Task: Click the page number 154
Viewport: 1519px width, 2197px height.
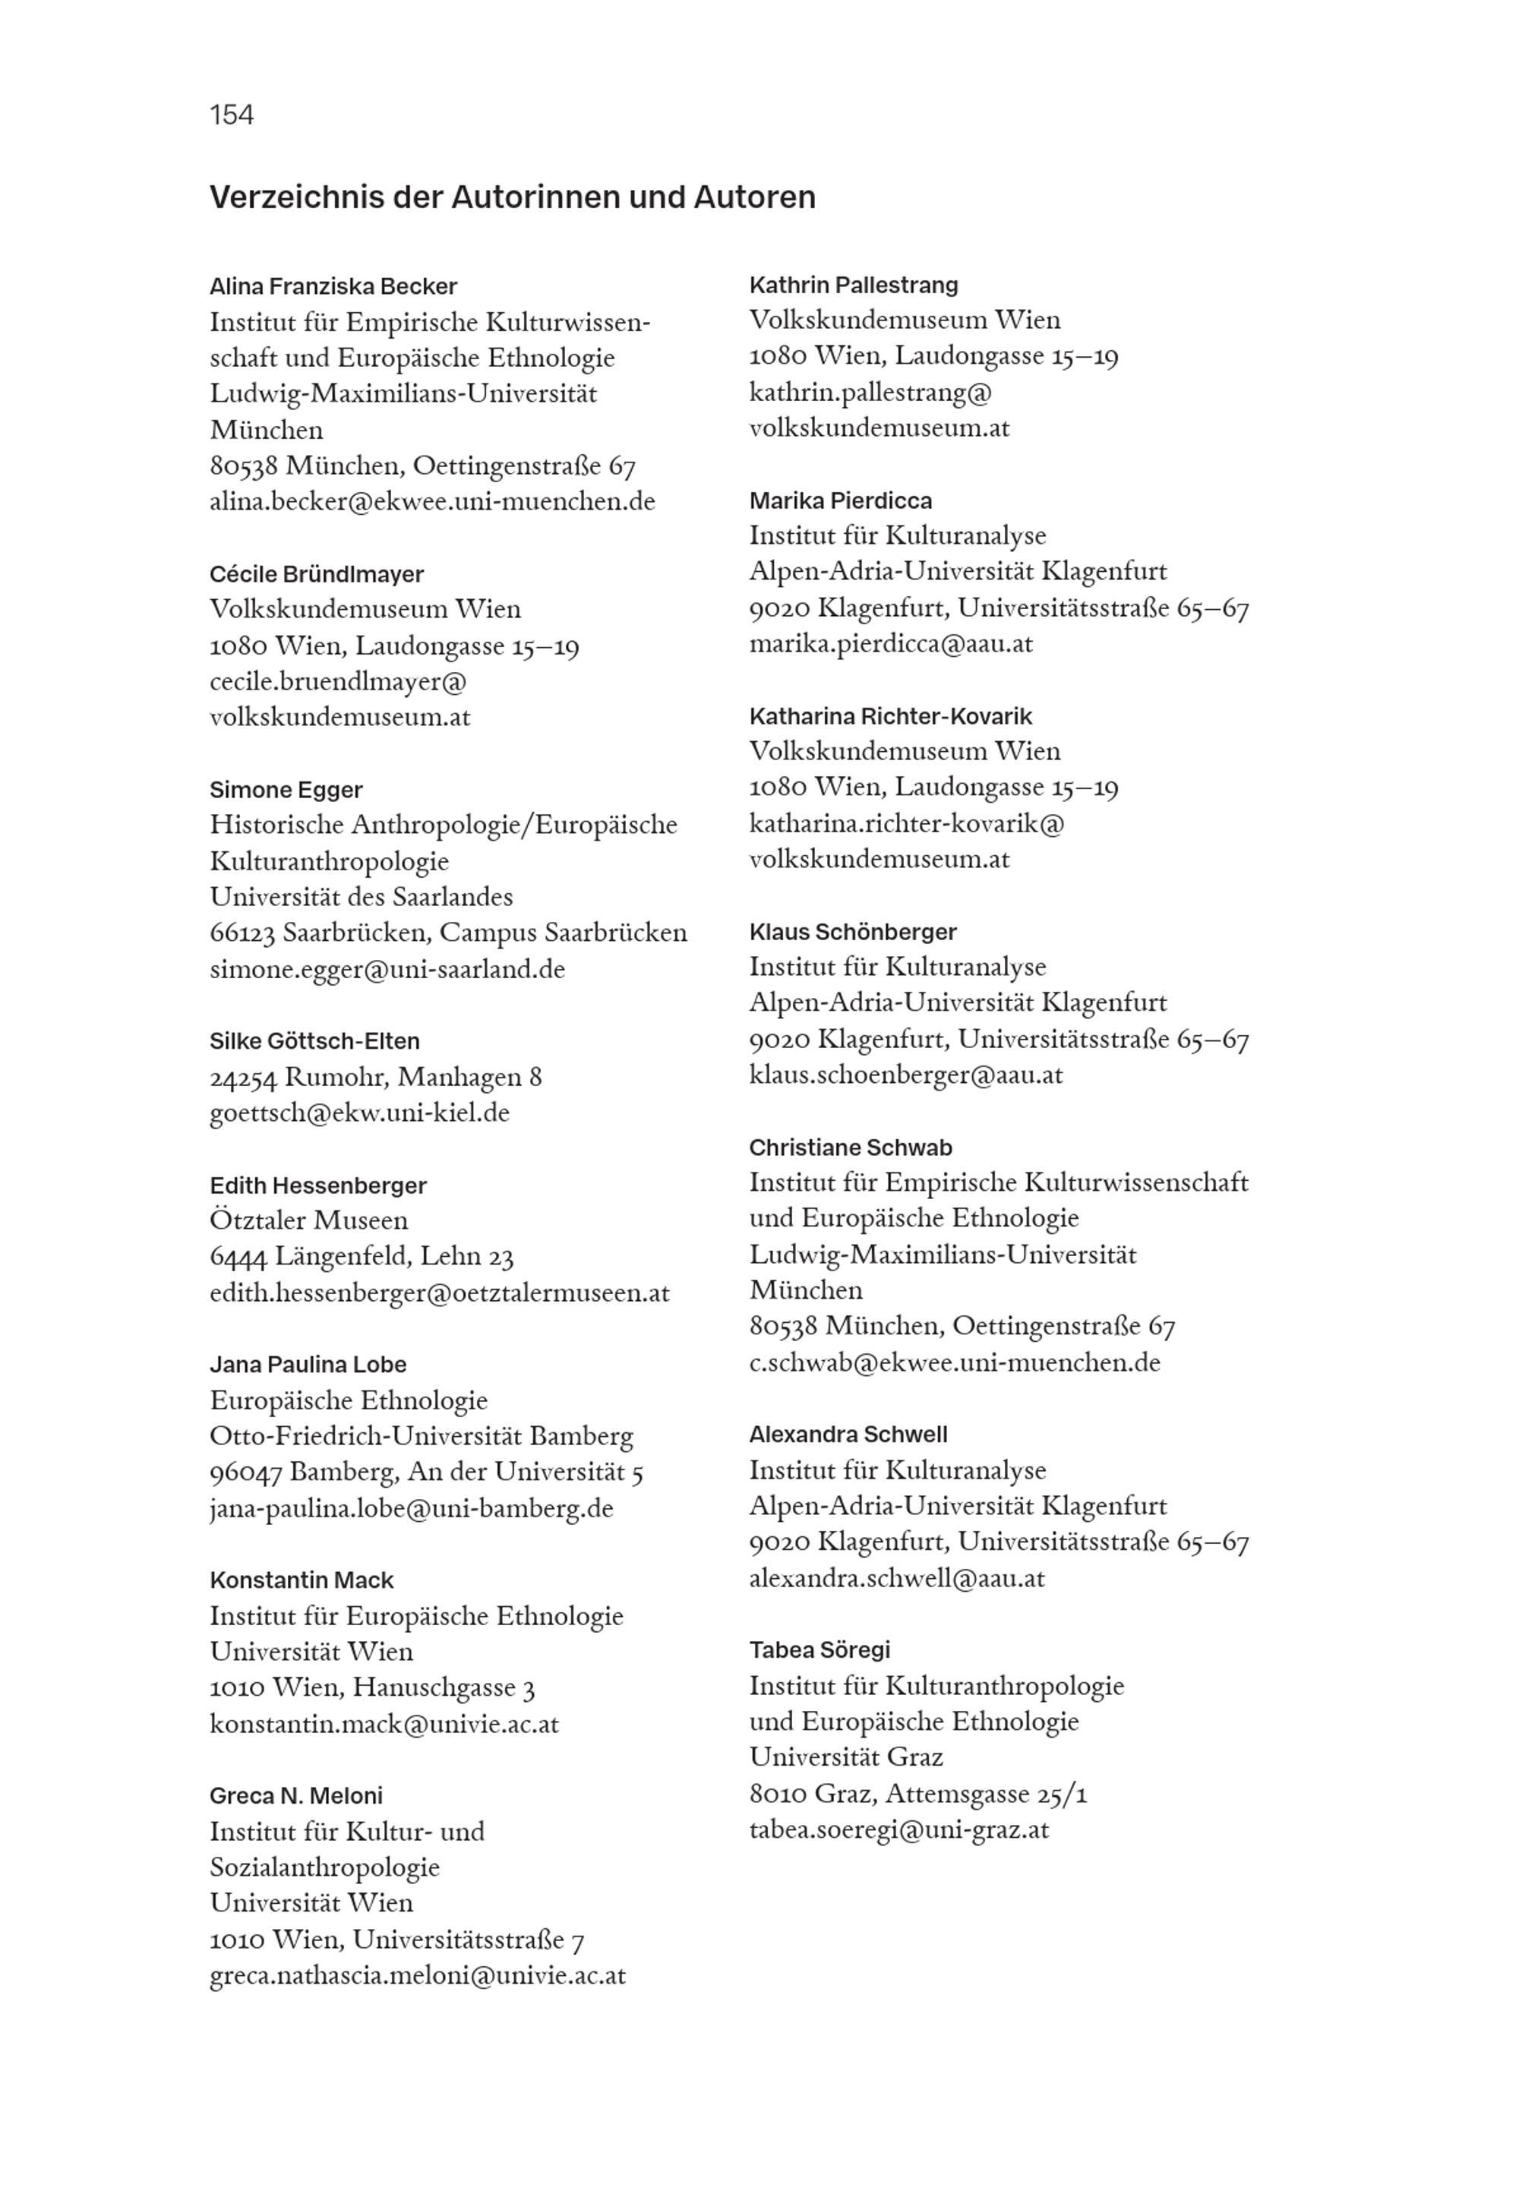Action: (232, 115)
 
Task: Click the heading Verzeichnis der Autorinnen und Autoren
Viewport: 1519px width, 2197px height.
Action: (512, 197)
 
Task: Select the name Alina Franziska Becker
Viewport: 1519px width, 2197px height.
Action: (333, 286)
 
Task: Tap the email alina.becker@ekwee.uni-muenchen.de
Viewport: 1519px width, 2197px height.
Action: (432, 501)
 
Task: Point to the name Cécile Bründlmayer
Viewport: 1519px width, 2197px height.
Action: (316, 575)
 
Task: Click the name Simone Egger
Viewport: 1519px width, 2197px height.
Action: (286, 790)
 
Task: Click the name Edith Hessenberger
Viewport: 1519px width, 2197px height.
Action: (318, 1185)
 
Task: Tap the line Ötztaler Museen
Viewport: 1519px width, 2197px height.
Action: (308, 1221)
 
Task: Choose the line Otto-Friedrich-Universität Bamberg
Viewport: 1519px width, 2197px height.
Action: (421, 1437)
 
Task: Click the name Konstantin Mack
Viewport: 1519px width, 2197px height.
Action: (301, 1580)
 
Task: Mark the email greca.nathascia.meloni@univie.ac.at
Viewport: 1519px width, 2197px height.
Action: (417, 1975)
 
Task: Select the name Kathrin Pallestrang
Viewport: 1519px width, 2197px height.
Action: (853, 286)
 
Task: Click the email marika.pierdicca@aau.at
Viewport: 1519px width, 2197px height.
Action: (890, 644)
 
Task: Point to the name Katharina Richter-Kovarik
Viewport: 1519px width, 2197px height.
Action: (890, 716)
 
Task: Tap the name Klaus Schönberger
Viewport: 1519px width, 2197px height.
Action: (852, 933)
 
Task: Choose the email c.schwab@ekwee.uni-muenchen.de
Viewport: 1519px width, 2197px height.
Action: (954, 1362)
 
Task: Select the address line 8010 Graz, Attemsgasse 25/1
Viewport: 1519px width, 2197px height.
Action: (917, 1795)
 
